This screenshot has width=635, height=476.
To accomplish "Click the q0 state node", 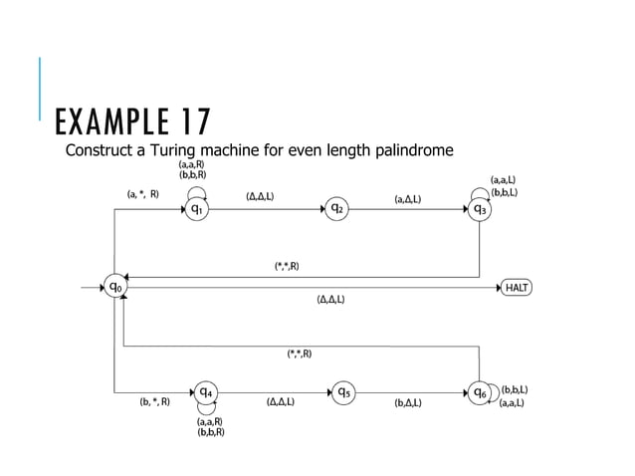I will coord(116,288).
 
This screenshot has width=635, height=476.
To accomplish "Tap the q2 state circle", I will coord(337,209).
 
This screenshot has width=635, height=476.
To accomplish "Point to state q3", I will coord(480,210).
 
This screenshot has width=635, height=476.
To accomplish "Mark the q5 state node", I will coord(342,391).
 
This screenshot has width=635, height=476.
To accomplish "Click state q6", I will coord(480,392).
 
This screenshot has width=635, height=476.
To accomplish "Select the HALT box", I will coord(517,288).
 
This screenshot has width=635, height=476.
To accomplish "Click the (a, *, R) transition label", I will coord(143,195).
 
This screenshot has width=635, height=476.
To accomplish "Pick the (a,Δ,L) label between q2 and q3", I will coord(407,199).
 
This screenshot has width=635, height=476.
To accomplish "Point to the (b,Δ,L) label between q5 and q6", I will coord(408,403).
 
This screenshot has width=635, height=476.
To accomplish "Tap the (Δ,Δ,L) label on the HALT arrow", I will coord(330,300).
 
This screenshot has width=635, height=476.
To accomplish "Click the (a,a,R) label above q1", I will coord(192,164).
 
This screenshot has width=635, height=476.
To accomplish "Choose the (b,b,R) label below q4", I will coord(211,432).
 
